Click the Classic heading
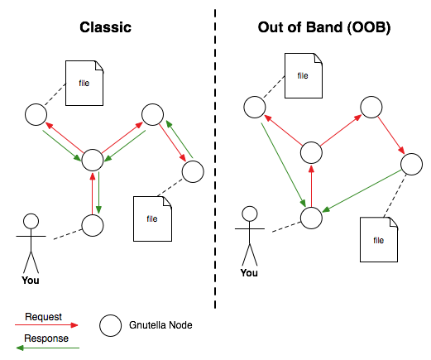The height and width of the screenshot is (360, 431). [x=105, y=27]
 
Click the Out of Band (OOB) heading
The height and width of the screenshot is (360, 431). [x=324, y=27]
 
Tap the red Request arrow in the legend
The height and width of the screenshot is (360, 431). [x=46, y=325]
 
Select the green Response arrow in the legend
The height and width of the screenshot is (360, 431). [x=48, y=348]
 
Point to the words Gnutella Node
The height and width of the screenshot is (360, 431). [x=160, y=325]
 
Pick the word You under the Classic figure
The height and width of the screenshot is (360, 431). [x=31, y=281]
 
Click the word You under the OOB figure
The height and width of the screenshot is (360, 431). [x=249, y=273]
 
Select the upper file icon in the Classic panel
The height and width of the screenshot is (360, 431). [x=84, y=83]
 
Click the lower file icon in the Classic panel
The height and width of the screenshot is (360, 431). [x=152, y=218]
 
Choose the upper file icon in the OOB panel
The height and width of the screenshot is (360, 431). [x=304, y=75]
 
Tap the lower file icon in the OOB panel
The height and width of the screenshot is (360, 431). [x=379, y=239]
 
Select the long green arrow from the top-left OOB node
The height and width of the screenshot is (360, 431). [x=284, y=165]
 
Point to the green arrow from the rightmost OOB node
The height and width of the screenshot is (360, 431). [x=362, y=191]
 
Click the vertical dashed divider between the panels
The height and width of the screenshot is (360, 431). [x=215, y=159]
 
